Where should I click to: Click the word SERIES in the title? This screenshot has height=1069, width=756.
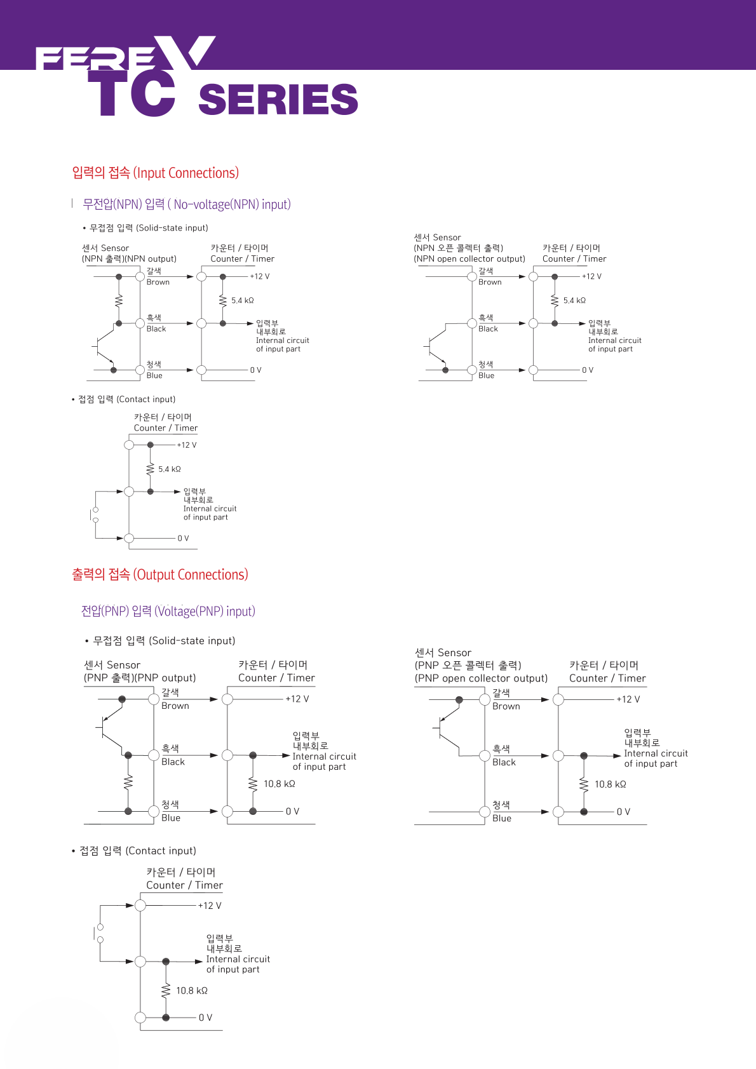tap(278, 99)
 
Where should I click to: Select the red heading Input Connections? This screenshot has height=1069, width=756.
tap(156, 173)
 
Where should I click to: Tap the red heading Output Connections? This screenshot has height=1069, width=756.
tap(160, 575)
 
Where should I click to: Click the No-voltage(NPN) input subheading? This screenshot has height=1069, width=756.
tap(187, 205)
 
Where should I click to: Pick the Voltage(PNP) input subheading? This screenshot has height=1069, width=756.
tap(168, 611)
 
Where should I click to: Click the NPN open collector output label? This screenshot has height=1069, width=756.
tap(469, 259)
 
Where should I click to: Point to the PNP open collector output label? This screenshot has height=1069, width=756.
tap(481, 678)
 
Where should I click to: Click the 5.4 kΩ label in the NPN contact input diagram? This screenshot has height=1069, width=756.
tap(170, 469)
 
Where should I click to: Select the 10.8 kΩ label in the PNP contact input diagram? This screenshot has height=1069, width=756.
tap(192, 991)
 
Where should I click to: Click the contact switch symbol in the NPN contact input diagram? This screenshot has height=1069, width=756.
tap(95, 515)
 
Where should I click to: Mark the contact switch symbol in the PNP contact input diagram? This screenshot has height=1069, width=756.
tap(99, 934)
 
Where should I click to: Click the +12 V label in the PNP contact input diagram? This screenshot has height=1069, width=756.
tap(210, 906)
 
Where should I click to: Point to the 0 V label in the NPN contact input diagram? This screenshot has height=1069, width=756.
tap(183, 539)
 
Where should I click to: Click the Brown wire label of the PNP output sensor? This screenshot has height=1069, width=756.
tap(175, 706)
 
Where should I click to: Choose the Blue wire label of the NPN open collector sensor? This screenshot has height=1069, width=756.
tap(487, 375)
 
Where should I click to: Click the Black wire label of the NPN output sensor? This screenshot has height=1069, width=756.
tap(156, 329)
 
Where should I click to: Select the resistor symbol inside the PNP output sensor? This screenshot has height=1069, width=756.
tap(128, 782)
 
